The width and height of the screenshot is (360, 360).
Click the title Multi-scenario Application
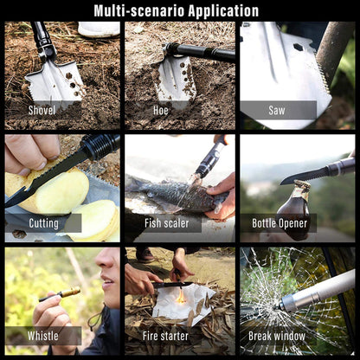pos(177,11)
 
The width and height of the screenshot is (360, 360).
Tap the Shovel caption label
pos(42,110)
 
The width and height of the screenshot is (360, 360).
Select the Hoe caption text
pos(161,110)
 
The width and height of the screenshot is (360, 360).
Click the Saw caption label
pos(277,110)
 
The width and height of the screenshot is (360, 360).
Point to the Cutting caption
pos(43,223)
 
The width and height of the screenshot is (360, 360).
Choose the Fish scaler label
pos(167,223)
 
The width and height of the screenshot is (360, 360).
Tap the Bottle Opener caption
pos(280,223)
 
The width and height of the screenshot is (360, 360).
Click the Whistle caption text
pos(43,336)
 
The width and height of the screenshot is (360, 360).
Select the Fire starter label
pos(165,336)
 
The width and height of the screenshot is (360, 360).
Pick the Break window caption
pos(277,336)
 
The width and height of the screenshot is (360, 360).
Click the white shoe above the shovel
pos(99,29)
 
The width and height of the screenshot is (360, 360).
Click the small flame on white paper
pos(181,297)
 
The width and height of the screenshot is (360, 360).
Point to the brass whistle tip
pos(71,292)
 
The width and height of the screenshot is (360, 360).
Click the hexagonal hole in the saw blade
pos(298,47)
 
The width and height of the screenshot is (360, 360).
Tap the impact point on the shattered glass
pos(278,307)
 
